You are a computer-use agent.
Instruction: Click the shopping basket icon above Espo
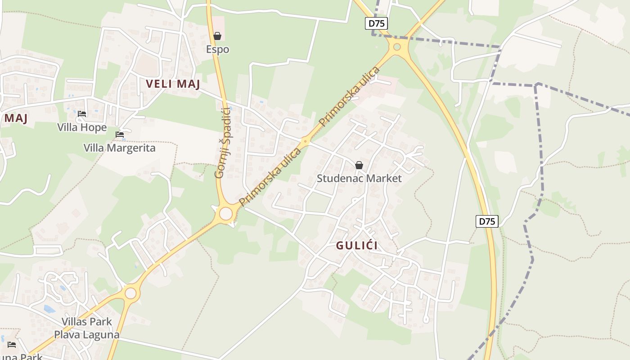217,36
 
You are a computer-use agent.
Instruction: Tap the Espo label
218,49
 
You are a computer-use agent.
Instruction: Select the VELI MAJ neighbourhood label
173,84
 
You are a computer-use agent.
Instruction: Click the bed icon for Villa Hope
82,114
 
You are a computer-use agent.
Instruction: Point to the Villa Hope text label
82,127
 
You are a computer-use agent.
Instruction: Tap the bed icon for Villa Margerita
120,135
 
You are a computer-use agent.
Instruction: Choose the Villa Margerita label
120,148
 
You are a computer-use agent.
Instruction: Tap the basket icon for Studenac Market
359,165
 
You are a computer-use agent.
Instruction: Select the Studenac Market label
359,178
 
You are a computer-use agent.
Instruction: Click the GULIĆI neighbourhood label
357,246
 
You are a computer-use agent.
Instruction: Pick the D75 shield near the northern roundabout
376,23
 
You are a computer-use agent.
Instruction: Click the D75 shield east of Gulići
487,221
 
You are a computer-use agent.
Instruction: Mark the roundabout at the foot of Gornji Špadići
225,213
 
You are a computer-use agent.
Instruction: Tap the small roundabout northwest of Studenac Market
306,142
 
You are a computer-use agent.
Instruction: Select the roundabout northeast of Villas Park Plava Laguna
130,293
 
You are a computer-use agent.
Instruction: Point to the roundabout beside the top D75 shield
397,47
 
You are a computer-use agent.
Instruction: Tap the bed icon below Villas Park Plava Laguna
12,345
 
